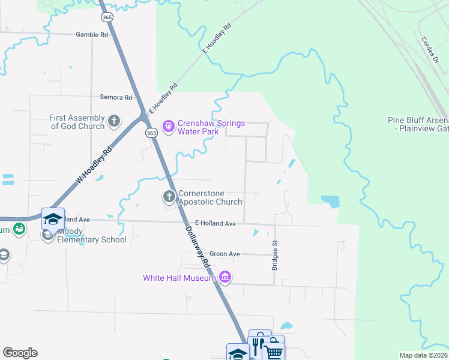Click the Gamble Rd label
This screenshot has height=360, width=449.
(x=92, y=35)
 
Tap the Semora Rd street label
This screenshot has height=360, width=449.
(x=116, y=97)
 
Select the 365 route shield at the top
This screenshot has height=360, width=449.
(x=107, y=17)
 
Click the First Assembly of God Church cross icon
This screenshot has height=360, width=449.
(x=114, y=122)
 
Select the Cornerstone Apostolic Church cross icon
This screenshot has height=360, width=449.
(x=169, y=196)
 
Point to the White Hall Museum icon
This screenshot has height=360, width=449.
(x=225, y=277)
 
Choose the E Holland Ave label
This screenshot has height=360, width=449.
(x=215, y=224)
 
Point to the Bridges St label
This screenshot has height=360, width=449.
(x=275, y=256)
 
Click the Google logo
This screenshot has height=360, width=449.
(x=20, y=353)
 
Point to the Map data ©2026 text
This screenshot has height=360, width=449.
(x=423, y=355)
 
